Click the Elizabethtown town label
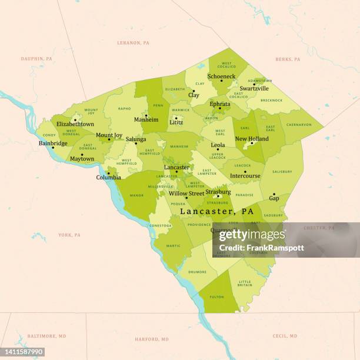click(x=75, y=124)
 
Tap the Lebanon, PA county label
click(x=134, y=43)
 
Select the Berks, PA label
click(x=288, y=59)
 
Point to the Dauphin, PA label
click(x=36, y=59)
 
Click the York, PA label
click(x=69, y=235)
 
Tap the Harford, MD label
click(x=151, y=339)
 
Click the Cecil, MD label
click(x=285, y=336)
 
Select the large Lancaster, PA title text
click(x=216, y=211)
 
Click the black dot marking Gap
click(x=274, y=194)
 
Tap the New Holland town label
click(x=252, y=139)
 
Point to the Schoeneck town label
click(x=221, y=76)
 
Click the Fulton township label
click(x=216, y=297)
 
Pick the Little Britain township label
click(x=245, y=283)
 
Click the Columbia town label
click(x=109, y=177)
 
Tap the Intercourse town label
click(x=245, y=176)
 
